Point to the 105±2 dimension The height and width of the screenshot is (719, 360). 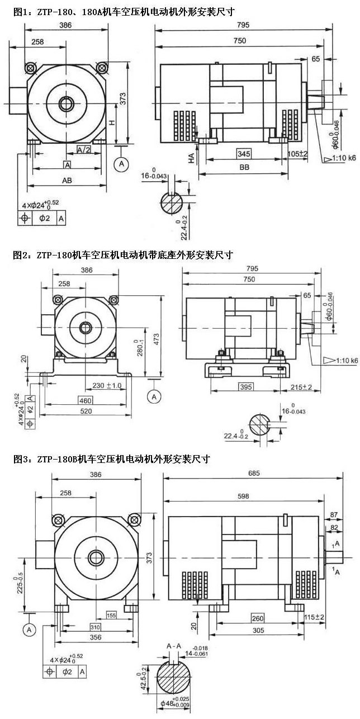298,153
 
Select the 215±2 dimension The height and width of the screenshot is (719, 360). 301,387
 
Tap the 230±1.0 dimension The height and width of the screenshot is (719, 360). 106,385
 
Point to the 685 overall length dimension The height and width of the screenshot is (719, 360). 252,474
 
